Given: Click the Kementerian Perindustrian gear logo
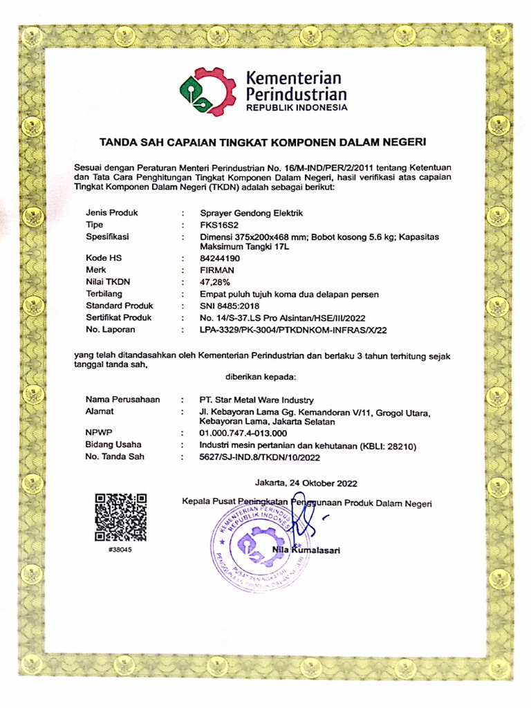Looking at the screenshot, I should (x=207, y=92).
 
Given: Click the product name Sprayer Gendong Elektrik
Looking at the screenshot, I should (x=251, y=213).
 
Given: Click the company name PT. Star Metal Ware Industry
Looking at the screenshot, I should (x=256, y=400).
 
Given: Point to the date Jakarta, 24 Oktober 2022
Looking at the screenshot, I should (x=306, y=482).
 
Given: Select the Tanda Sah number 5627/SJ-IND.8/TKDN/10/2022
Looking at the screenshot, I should (x=259, y=457).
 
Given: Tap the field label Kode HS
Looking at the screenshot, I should (x=104, y=258).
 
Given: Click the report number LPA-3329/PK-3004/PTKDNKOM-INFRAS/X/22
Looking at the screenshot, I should (x=292, y=330).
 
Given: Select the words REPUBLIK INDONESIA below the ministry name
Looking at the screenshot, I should (x=297, y=109).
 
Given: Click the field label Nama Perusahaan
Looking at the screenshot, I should (x=122, y=400).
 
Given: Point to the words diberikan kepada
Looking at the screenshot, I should (x=261, y=377).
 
